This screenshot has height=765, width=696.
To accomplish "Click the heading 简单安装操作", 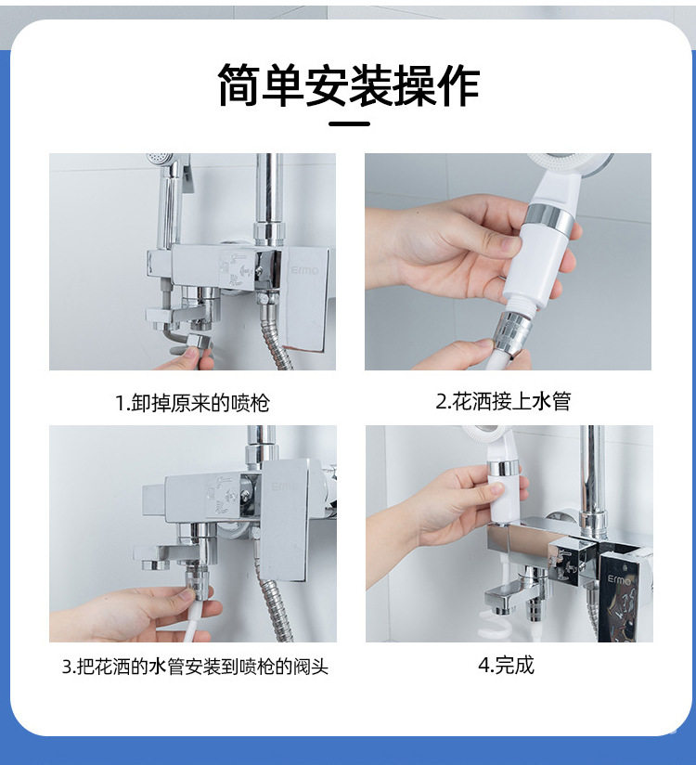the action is tap(348, 85).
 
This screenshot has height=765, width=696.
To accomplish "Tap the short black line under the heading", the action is tap(349, 123).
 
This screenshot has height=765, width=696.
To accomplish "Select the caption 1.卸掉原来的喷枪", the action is tap(192, 403).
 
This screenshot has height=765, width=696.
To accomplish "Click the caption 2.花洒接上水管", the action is tap(503, 401).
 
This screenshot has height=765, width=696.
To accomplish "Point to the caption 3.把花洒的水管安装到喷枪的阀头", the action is tap(195, 666).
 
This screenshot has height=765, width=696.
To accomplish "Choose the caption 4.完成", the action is tap(507, 665).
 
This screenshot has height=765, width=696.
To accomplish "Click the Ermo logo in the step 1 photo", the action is tap(304, 270).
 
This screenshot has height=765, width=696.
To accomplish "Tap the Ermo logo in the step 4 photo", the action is tap(619, 579).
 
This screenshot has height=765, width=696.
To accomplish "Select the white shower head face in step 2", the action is tap(568, 162).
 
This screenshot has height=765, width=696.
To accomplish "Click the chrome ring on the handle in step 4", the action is tap(505, 469).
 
